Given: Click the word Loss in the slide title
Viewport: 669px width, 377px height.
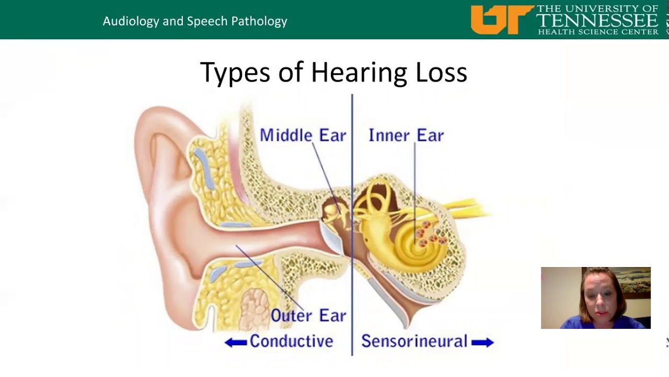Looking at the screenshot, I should pos(441,73).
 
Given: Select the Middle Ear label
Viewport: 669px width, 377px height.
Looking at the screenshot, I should pos(303,136).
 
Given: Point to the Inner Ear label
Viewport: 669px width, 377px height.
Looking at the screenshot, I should pos(406,136).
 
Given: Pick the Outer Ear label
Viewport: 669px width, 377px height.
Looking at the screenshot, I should pos(308,316).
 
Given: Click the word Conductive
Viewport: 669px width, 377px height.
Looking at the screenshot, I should pos(291,341).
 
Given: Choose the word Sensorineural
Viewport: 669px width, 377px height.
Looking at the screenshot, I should pos(414,341).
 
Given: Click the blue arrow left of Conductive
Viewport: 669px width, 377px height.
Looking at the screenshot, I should pos(235,342).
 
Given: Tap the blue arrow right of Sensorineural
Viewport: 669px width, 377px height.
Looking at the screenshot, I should pos(482,342).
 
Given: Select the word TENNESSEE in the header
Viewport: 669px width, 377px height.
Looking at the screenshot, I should pos(597,20).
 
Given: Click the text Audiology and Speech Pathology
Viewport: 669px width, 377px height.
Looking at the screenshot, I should pos(195,21).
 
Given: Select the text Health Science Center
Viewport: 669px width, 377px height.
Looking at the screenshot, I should pos(598,32).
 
